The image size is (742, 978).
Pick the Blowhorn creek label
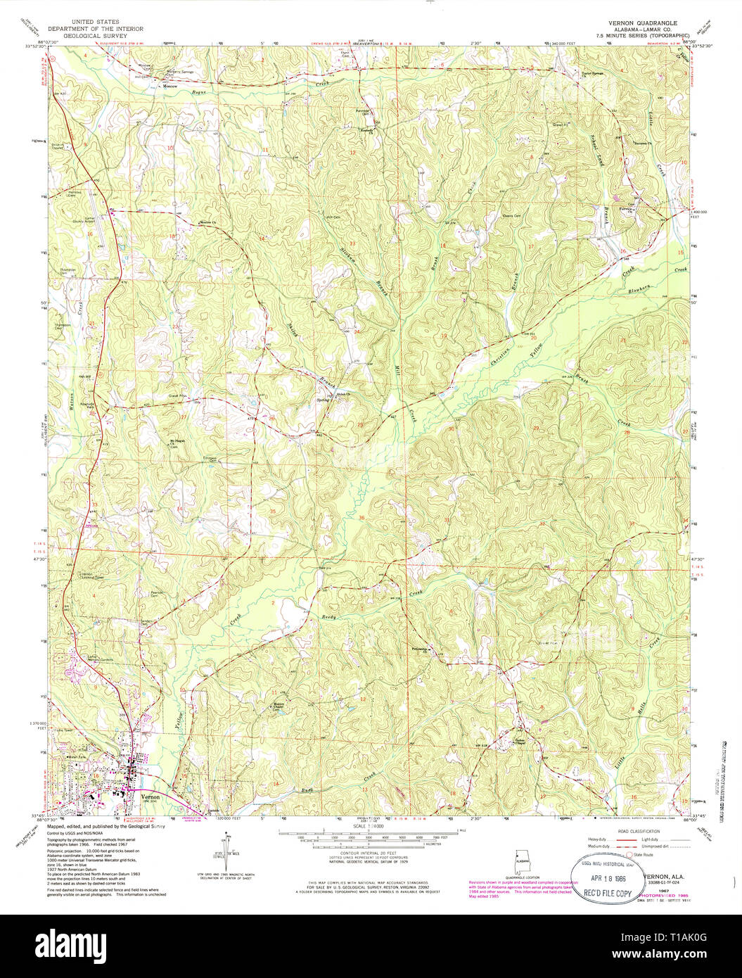641,288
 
